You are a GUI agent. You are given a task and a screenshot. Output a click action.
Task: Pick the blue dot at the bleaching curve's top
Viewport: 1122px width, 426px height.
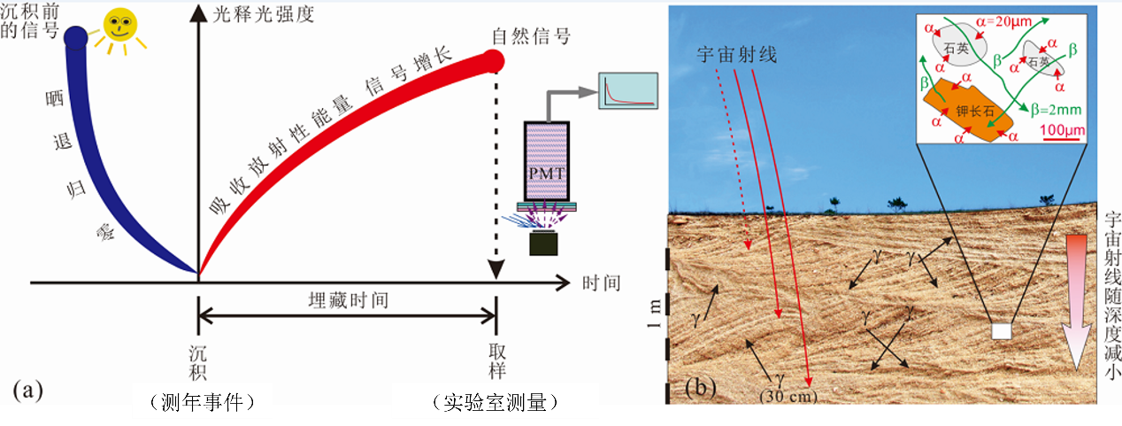(75, 36)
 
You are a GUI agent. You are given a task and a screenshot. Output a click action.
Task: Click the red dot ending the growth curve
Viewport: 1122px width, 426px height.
(494, 61)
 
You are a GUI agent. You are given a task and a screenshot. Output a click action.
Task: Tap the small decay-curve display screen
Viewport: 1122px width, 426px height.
(628, 90)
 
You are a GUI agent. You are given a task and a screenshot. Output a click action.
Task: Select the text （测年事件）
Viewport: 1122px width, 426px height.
(201, 403)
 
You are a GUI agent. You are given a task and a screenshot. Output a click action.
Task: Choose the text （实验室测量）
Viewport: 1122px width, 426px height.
(495, 403)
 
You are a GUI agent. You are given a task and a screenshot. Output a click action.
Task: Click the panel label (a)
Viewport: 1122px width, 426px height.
(24, 389)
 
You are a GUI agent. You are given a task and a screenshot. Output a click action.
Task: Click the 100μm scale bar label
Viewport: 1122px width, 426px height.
(1062, 130)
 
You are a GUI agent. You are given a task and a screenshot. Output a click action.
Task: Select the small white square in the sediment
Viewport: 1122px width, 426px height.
(1000, 331)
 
